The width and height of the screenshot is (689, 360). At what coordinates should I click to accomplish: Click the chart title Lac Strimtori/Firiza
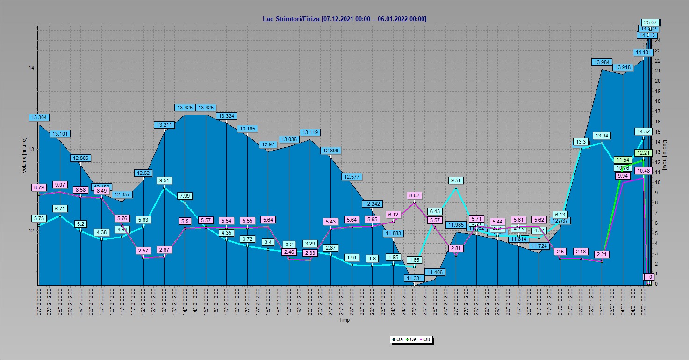click(344, 19)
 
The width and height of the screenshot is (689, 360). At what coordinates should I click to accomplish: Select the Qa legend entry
click(398, 340)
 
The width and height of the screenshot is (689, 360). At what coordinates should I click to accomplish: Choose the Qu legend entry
click(425, 340)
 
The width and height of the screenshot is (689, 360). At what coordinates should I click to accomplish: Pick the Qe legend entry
click(411, 340)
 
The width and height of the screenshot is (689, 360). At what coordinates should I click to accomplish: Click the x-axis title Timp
click(344, 320)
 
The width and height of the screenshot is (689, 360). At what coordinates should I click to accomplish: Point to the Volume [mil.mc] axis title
click(24, 155)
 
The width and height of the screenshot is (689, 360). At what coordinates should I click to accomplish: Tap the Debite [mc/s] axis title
click(665, 155)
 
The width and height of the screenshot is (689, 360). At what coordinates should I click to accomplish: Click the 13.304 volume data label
click(39, 117)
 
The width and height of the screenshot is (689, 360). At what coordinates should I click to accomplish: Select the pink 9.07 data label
click(60, 184)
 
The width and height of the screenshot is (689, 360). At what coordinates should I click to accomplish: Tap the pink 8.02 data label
click(414, 195)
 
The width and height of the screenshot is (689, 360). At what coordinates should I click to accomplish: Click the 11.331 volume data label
click(414, 278)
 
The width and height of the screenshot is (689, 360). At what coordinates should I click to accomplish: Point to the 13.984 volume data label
click(602, 62)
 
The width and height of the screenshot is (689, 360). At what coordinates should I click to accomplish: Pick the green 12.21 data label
click(643, 153)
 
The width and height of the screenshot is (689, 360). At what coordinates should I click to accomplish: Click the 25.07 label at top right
click(651, 22)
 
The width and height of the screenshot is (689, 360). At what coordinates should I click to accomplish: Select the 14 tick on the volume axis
click(31, 68)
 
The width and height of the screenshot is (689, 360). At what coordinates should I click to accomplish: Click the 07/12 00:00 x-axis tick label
click(39, 301)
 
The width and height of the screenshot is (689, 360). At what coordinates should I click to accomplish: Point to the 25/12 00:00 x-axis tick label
click(414, 301)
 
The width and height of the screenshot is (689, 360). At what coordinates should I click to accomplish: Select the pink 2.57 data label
click(144, 251)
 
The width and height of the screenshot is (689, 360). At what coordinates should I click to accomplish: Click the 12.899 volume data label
click(330, 151)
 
